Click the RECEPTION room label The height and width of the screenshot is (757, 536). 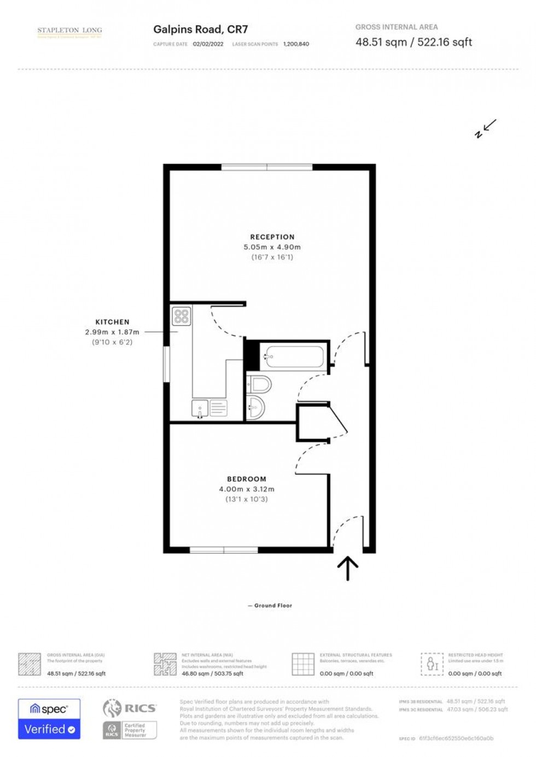[272, 237]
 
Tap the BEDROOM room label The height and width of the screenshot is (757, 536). [247, 479]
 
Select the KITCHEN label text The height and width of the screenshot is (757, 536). [112, 322]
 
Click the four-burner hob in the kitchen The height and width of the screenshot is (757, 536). [181, 316]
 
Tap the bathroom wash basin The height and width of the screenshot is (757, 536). [255, 407]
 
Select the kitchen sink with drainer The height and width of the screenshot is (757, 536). [209, 408]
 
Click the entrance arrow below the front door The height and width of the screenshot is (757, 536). [347, 568]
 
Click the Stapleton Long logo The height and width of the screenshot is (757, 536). [69, 32]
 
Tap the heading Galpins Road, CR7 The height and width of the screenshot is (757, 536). [200, 30]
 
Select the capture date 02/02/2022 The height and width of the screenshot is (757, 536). [208, 44]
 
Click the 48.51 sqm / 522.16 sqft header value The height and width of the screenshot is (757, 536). [413, 42]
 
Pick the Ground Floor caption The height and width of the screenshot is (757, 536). [273, 606]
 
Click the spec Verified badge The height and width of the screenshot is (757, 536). [49, 719]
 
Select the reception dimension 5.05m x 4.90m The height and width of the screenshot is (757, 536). [272, 247]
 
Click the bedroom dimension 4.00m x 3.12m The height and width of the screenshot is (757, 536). [247, 489]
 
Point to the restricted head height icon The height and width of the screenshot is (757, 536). [432, 664]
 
